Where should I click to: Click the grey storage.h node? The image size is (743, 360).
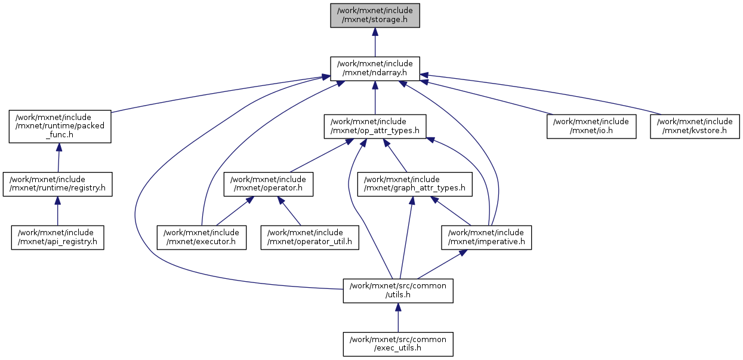pos(375,15)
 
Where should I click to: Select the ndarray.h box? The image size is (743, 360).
pos(375,68)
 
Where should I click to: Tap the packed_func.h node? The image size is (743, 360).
pos(60,126)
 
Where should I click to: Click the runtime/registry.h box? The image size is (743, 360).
pos(57,184)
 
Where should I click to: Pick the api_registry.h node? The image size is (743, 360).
pos(57,237)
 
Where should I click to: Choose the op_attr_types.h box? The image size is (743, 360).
pos(375,126)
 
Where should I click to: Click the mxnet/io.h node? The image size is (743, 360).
pos(591,126)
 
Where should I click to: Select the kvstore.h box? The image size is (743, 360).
pos(695,126)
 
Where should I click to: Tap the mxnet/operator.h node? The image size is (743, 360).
pos(269,184)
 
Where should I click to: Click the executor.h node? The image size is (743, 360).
pos(202,237)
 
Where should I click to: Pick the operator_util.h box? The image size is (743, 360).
pos(310,237)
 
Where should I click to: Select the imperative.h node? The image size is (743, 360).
pos(486,237)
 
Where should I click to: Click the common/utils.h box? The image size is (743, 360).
pos(398,290)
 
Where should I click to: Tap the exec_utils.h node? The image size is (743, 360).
pos(398,343)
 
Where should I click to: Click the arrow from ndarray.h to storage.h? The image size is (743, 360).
pos(375,42)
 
